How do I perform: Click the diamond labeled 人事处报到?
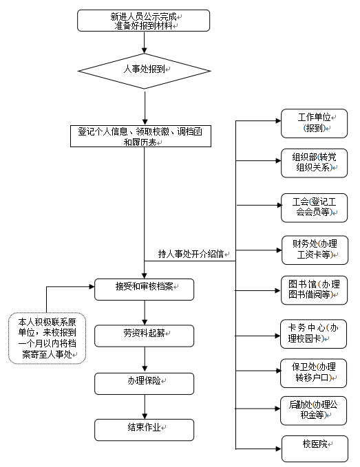(x=145, y=71)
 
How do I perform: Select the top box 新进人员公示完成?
(x=143, y=21)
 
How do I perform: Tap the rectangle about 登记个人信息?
(x=140, y=136)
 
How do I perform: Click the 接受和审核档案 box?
(x=145, y=290)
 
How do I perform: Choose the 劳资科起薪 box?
(x=145, y=336)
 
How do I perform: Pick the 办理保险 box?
(x=145, y=384)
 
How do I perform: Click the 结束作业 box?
(x=145, y=430)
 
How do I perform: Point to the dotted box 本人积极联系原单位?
(x=47, y=338)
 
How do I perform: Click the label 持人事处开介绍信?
(x=191, y=254)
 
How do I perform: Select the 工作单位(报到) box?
(x=314, y=123)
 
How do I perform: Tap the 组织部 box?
(x=314, y=163)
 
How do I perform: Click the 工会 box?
(x=314, y=208)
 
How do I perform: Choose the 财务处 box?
(x=315, y=250)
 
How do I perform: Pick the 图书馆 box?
(x=314, y=290)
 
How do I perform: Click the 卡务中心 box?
(x=313, y=334)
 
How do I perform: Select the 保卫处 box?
(x=313, y=373)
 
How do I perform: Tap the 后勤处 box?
(x=313, y=411)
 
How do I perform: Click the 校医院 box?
(x=315, y=449)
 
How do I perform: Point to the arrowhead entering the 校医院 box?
(x=279, y=449)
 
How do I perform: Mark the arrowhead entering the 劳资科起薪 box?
(x=145, y=323)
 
